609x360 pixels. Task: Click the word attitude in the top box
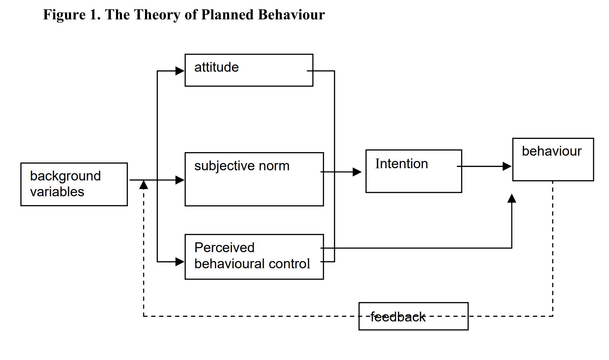coord(216,68)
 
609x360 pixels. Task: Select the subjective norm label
coord(242,166)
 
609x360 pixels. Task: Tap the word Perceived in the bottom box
coord(224,248)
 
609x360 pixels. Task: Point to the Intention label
coord(401,164)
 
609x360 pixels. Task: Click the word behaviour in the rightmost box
coord(551,151)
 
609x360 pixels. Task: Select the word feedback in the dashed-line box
coord(398,317)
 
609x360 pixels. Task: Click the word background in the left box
coord(65,176)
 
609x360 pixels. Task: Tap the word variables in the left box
coord(57,192)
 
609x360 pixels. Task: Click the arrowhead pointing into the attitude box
coord(180,71)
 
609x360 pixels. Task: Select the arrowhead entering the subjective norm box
coord(180,180)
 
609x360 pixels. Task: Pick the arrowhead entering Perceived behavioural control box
coord(180,262)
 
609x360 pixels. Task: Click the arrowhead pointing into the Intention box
coord(357,172)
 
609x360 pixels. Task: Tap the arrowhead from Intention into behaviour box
coord(507,166)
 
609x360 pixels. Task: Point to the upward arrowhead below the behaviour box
coord(512,198)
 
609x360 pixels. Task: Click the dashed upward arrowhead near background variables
coord(144,185)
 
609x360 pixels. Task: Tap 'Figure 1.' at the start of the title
coord(72,15)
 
